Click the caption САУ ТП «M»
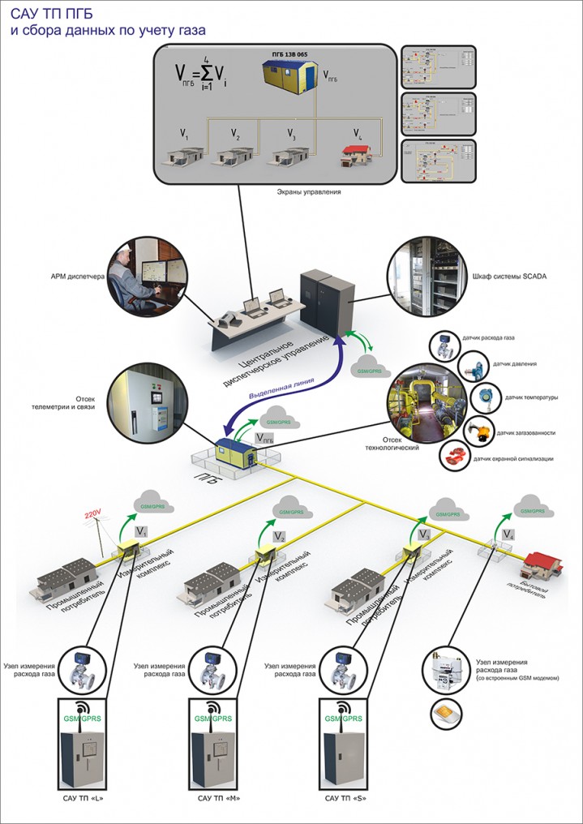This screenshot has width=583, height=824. click(217, 799)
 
